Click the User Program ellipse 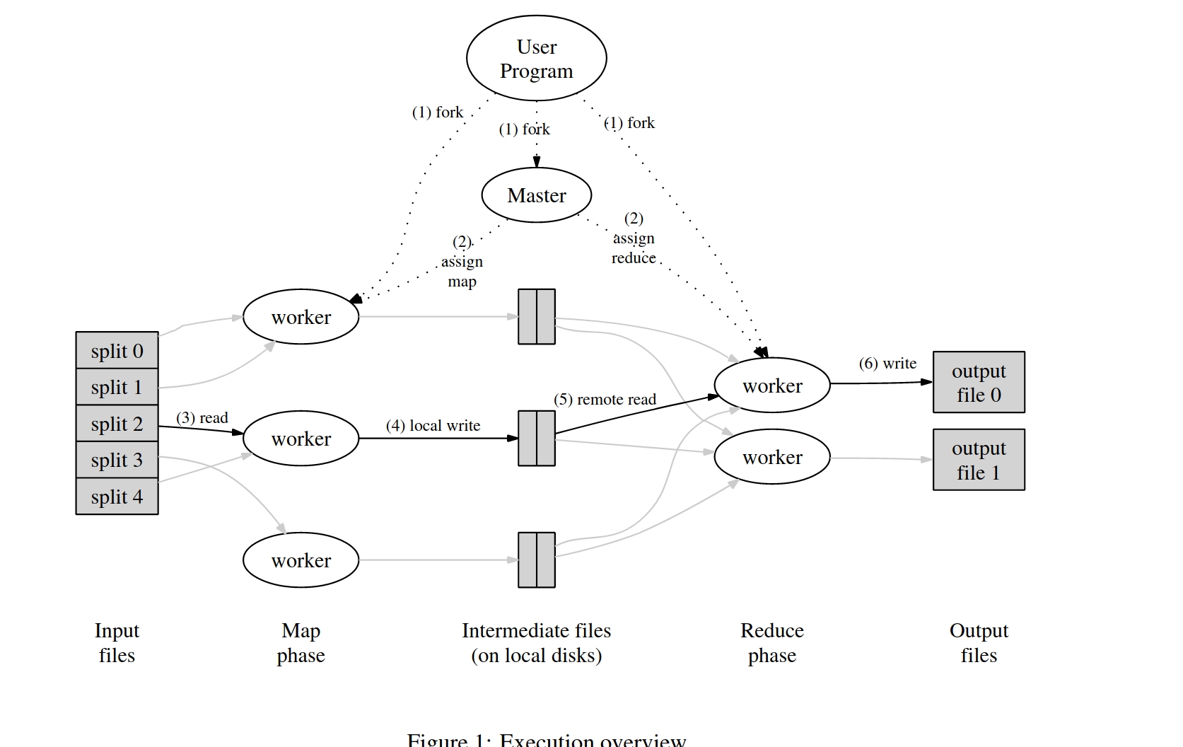click(536, 59)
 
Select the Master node click(536, 195)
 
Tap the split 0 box click(117, 351)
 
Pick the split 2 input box click(117, 424)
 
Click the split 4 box click(117, 497)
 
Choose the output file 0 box click(979, 383)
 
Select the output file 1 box click(979, 460)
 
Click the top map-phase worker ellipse click(301, 317)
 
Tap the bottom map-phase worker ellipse click(301, 560)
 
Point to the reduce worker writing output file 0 click(772, 386)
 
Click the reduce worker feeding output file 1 click(772, 458)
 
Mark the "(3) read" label click(202, 418)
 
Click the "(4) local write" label click(433, 426)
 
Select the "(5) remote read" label click(605, 400)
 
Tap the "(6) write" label click(887, 364)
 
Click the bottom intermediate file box click(537, 560)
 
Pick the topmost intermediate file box click(537, 317)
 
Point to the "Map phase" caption click(301, 643)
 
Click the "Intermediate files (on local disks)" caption click(536, 643)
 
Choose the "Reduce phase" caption click(772, 643)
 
